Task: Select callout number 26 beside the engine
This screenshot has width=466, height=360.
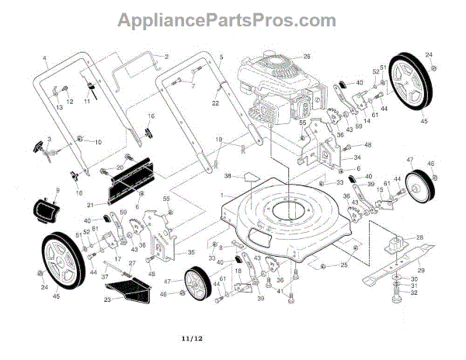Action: (306, 57)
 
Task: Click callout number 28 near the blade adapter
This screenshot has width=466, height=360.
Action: (419, 237)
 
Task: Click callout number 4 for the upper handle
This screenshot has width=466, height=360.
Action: (44, 60)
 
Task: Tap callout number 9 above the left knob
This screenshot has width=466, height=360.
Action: (57, 191)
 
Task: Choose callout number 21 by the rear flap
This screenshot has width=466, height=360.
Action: (90, 205)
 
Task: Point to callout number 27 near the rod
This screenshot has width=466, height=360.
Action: (132, 264)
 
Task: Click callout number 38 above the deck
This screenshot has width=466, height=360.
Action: (227, 176)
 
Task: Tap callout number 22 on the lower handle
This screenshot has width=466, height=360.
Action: (215, 103)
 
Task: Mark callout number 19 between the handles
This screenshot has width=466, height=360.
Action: (220, 139)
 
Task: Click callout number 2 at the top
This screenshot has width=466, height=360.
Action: (165, 56)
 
